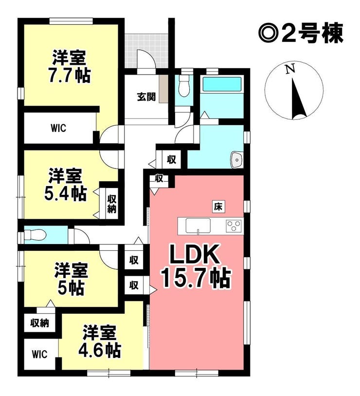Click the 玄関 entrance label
click(x=146, y=97)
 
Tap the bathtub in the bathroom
click(x=222, y=84)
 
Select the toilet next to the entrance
click(x=184, y=87)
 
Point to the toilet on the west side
click(x=35, y=235)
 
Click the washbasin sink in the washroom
click(x=237, y=159)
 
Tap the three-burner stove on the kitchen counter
click(x=234, y=225)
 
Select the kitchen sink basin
click(x=198, y=226)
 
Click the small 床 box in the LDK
click(x=218, y=207)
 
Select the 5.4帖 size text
click(x=66, y=193)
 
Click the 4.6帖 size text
click(x=99, y=350)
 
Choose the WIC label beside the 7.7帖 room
click(x=58, y=128)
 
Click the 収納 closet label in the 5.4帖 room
click(x=112, y=204)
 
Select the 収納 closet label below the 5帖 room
click(x=39, y=323)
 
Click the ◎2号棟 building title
click(x=301, y=34)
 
